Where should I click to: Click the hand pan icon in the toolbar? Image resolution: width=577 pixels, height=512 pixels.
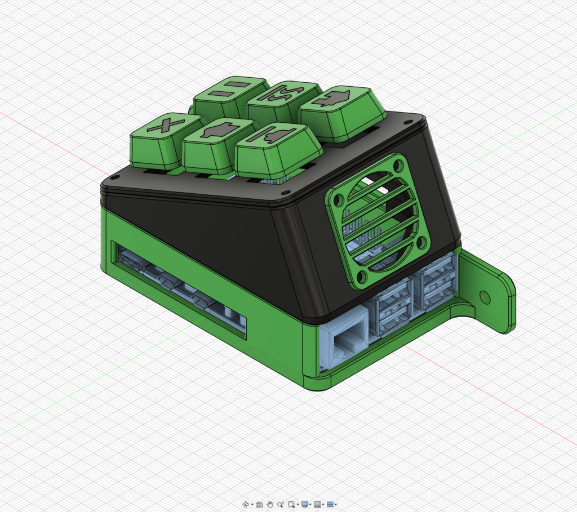[x=270, y=505]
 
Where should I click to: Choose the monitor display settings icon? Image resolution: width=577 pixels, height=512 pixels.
[x=305, y=505]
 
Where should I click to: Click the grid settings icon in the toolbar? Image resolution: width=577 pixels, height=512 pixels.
[x=317, y=505]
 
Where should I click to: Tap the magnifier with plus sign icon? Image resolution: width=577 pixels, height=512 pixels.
[x=280, y=505]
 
